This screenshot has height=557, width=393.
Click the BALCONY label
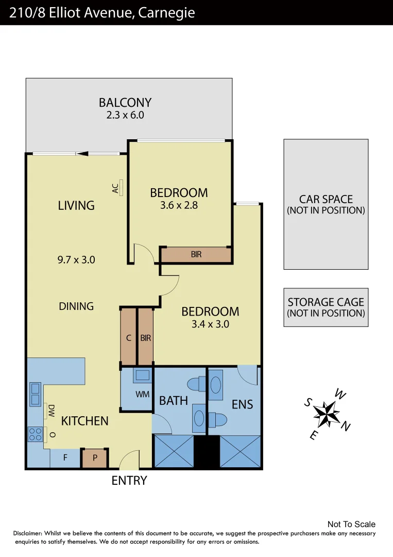click(x=125, y=102)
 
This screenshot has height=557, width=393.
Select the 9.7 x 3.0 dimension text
click(x=76, y=260)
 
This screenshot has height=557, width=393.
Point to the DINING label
click(x=76, y=306)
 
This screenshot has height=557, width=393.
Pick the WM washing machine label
click(x=142, y=395)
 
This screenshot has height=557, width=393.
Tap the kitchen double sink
click(x=36, y=394)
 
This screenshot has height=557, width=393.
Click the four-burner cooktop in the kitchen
click(x=35, y=434)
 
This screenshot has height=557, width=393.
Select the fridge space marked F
click(x=65, y=458)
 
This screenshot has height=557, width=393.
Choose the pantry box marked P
click(x=95, y=458)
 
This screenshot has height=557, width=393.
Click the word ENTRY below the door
click(x=129, y=481)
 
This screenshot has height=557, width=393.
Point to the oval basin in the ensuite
click(x=216, y=385)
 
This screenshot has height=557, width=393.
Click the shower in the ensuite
click(x=240, y=451)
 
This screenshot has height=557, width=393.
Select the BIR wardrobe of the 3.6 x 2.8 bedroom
click(x=196, y=255)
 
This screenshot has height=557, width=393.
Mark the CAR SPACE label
click(x=326, y=199)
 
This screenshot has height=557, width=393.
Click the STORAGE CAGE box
click(x=326, y=307)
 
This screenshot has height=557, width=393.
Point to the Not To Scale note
click(x=351, y=524)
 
